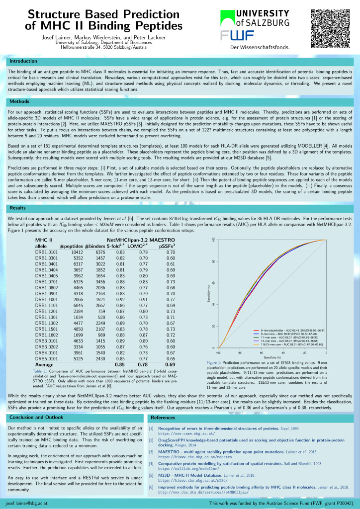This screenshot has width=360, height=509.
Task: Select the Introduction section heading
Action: pyautogui.click(x=24, y=61)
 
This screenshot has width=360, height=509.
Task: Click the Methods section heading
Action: pyautogui.click(x=20, y=101)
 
